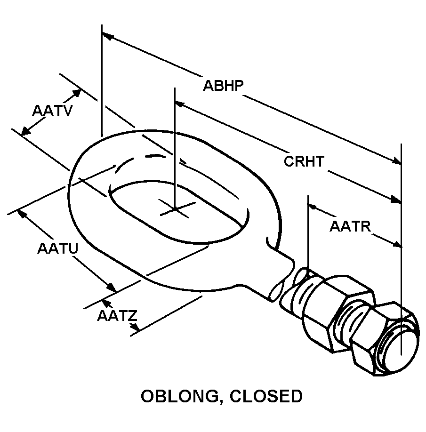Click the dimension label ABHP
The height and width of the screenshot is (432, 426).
(x=223, y=85)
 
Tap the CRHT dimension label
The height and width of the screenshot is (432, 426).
(x=304, y=161)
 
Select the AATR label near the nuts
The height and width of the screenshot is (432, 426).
(x=350, y=226)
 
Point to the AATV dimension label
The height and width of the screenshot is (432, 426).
(x=52, y=111)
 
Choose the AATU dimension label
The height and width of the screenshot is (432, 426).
(x=58, y=248)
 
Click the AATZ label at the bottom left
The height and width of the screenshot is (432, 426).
(x=117, y=316)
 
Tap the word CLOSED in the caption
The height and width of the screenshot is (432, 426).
(x=266, y=396)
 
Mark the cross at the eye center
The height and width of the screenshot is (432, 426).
(x=175, y=209)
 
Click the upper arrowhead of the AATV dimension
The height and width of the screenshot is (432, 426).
(x=77, y=93)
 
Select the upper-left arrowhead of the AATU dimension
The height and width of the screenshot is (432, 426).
(x=22, y=214)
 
